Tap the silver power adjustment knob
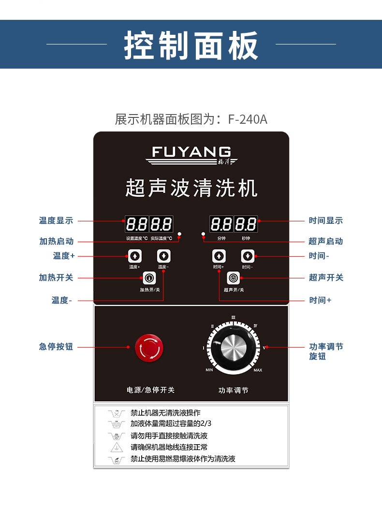point(234,347)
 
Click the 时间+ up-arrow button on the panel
point(219,256)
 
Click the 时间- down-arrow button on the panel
point(248,256)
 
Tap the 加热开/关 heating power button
point(149,278)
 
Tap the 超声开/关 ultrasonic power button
point(234,278)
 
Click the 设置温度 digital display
point(136,224)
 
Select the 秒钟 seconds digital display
point(246,224)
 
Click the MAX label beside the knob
point(258,370)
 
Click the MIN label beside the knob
point(209,370)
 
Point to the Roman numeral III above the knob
point(234,318)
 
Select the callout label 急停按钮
point(56,347)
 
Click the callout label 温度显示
point(56,220)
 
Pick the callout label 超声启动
point(326,241)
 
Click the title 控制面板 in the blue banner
point(191,45)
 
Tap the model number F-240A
point(248,119)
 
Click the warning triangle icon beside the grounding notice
point(116,447)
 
